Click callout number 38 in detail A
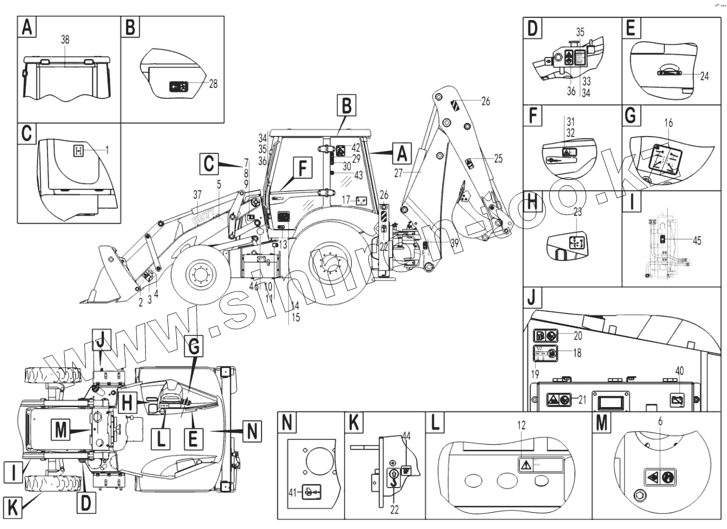coord(65,40)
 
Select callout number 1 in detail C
coord(107,150)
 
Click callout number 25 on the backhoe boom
coord(498,159)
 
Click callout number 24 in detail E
coord(704,76)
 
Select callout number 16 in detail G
coord(668,124)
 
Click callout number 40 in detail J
coord(679,371)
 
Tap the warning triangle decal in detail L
coord(525,465)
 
